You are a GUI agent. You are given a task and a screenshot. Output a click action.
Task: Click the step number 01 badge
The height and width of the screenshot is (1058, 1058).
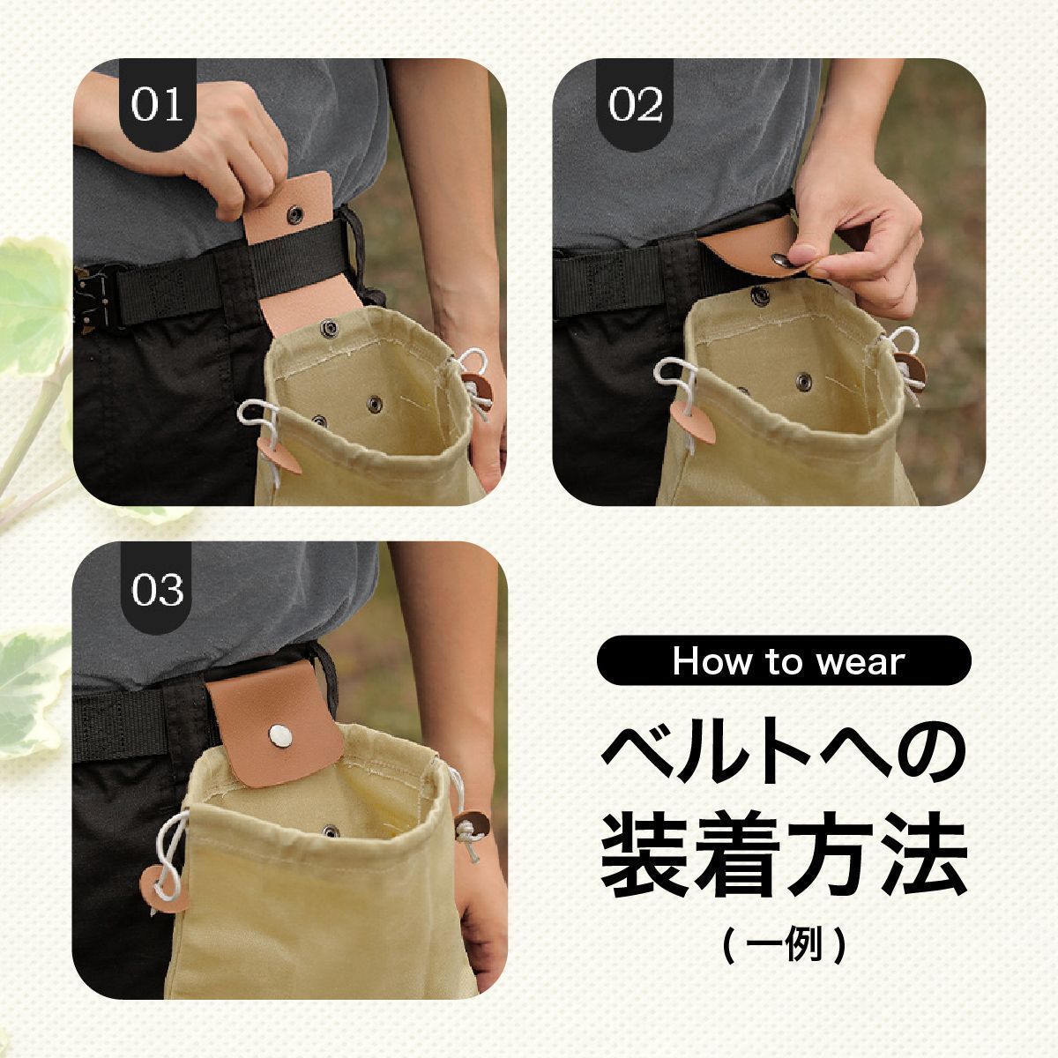[158, 104]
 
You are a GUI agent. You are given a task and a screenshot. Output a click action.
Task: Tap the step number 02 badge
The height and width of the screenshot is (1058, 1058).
[635, 104]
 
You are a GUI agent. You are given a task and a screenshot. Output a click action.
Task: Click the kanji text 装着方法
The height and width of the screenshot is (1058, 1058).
[784, 860]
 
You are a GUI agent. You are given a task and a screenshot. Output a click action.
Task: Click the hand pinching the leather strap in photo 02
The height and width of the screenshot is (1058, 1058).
[856, 236]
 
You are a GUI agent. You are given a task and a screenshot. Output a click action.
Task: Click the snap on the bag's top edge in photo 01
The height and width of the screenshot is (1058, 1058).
[330, 329]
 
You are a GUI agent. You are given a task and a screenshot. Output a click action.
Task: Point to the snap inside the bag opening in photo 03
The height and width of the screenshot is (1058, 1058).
[330, 831]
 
